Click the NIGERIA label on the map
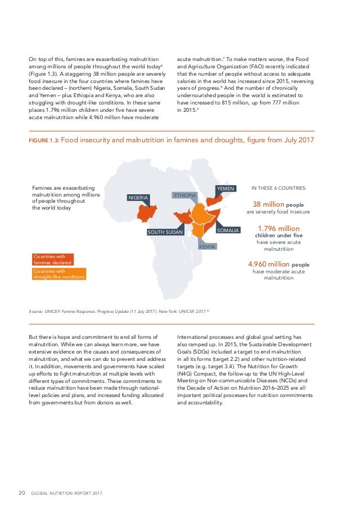(138, 198)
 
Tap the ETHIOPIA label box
(185, 195)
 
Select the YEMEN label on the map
(226, 188)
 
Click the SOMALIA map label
(229, 230)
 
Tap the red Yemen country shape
(214, 202)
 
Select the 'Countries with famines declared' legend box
(53, 259)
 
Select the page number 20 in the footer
(22, 492)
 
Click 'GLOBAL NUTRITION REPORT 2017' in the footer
(67, 493)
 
